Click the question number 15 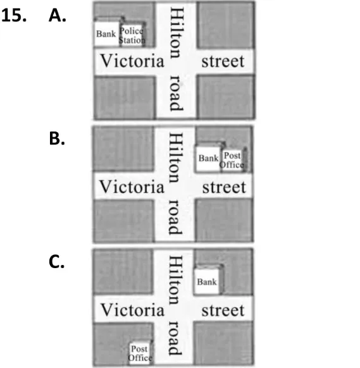pos(14,16)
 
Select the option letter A pos(58,16)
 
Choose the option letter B pos(57,138)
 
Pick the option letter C pos(56,262)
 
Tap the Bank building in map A pos(107,34)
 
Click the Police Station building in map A pos(132,35)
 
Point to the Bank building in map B pos(208,159)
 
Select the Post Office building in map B pos(232,161)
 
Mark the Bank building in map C pos(207,281)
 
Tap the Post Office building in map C pos(140,353)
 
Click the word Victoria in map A pos(132,61)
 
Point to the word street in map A pos(223,61)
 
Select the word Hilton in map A pos(177,32)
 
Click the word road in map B pos(175,218)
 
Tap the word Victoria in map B pos(132,187)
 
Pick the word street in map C pos(223,310)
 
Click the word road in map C pos(175,338)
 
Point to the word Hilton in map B pos(176,157)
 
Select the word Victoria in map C pos(132,310)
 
